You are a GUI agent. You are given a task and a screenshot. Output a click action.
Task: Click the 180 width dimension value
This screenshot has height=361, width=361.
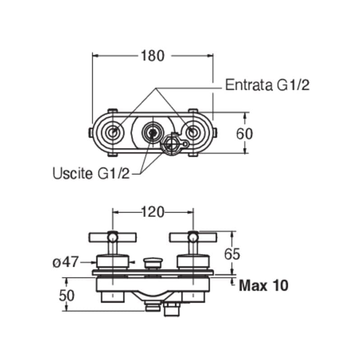coord(153,56)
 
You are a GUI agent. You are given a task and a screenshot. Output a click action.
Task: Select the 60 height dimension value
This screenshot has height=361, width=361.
coord(244,134)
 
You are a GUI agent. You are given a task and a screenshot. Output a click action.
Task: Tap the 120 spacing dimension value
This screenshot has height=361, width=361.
coord(153,212)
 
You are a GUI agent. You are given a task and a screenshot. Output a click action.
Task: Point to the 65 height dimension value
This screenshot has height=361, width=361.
coord(232,254)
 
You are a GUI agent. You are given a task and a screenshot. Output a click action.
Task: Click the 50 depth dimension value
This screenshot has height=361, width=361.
coord(67,296)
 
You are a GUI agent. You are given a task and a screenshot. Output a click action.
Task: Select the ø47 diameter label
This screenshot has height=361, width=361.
coord(65,262)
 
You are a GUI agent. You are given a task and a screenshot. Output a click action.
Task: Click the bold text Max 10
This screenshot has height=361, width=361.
coord(264,286)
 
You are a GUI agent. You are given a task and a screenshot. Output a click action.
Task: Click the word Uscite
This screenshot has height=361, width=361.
coord(73,173)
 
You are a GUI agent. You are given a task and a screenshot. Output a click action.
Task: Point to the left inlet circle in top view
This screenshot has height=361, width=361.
coord(112,132)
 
